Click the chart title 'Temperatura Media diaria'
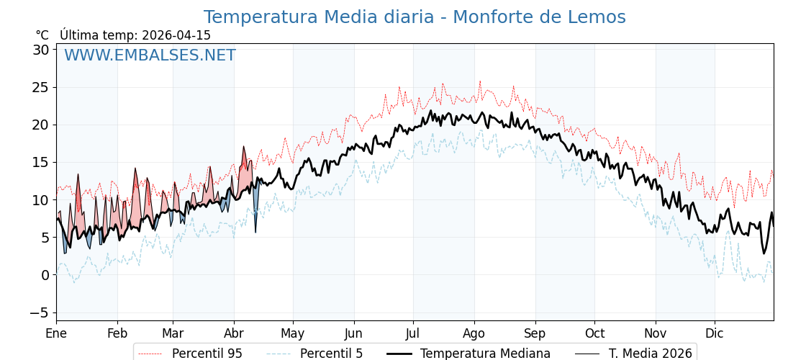tap(415, 17)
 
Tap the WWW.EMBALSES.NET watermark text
tap(150, 55)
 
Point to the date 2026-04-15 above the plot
tap(176, 35)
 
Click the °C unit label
tap(42, 35)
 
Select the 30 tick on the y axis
tap(40, 50)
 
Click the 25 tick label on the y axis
tap(40, 87)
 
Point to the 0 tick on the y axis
tap(45, 275)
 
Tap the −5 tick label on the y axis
tap(40, 312)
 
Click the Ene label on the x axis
tap(56, 333)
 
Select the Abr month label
tap(234, 333)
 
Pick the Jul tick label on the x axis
tap(413, 333)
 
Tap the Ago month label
tap(474, 333)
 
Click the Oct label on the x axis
tap(594, 333)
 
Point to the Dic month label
tap(715, 333)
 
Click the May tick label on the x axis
tap(293, 333)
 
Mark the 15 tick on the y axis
tap(40, 162)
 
